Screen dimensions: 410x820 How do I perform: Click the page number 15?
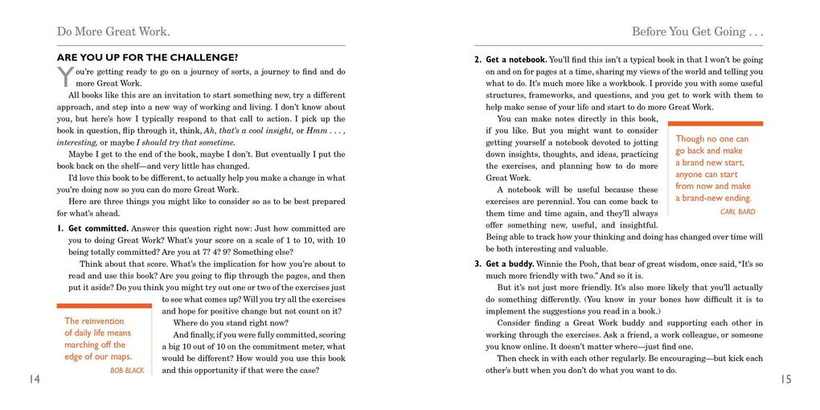(785, 379)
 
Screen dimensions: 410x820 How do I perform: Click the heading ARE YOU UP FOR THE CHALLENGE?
(147, 58)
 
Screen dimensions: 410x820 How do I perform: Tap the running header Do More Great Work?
(113, 32)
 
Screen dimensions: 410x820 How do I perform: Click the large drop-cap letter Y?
(65, 77)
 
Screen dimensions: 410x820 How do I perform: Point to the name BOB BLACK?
(127, 371)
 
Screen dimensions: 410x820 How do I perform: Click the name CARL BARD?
(737, 212)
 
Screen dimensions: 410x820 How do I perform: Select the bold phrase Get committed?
(98, 228)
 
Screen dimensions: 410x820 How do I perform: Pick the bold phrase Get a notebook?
(516, 59)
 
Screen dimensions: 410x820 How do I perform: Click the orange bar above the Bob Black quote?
(104, 305)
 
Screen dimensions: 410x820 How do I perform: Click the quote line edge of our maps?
(98, 356)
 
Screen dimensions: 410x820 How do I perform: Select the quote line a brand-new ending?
(713, 198)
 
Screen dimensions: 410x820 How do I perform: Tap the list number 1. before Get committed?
(60, 228)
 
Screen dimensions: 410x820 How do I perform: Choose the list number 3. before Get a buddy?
(478, 264)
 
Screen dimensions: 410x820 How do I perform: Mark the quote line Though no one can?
(711, 139)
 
